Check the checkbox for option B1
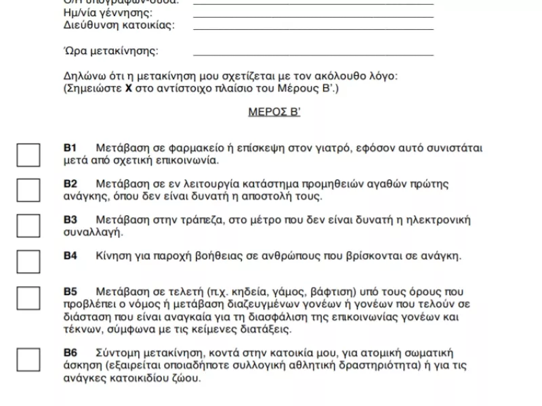(28, 155)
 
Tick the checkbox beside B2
(28, 190)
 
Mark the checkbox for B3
(28, 225)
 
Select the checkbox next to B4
(28, 261)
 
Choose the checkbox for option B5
(28, 297)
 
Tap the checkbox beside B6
(28, 359)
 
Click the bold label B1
(70, 148)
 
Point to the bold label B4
(70, 256)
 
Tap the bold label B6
(70, 353)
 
